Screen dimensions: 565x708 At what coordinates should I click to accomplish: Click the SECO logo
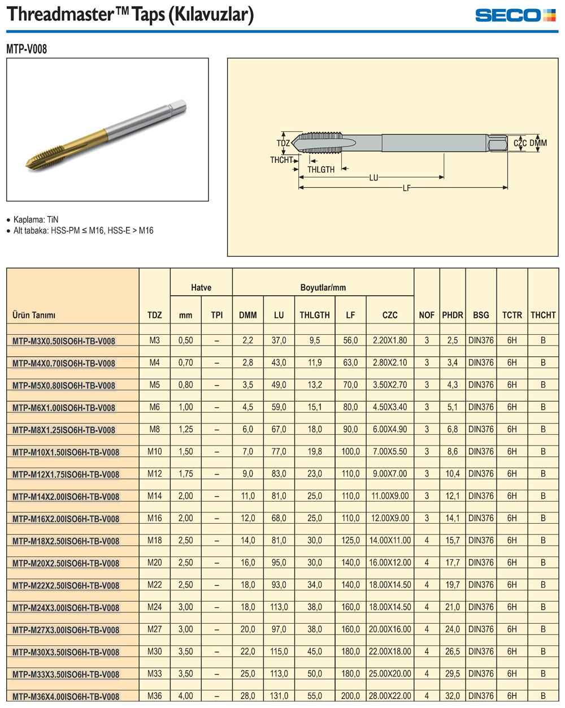[x=515, y=15]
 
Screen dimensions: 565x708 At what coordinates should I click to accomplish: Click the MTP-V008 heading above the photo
[x=27, y=49]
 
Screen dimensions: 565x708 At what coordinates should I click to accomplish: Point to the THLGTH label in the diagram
[x=321, y=170]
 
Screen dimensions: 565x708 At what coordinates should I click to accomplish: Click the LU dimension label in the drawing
[x=373, y=178]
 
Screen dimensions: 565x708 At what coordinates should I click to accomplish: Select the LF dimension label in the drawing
[x=407, y=188]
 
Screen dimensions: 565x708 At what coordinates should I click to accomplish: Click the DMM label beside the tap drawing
[x=538, y=143]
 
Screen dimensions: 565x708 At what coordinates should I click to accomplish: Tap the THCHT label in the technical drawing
[x=281, y=160]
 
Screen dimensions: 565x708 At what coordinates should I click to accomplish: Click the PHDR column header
[x=452, y=315]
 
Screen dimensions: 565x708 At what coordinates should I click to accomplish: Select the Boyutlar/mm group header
[x=323, y=287]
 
